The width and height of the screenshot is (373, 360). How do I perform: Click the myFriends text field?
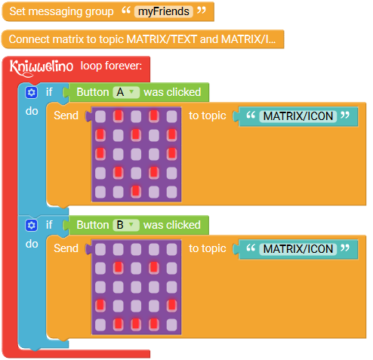point(164,11)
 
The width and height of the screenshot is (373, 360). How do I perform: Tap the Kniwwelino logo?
point(42,67)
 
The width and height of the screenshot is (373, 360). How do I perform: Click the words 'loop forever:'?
point(111,66)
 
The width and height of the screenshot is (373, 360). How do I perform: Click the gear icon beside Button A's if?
point(32,92)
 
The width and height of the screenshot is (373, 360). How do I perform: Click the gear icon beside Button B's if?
point(32,225)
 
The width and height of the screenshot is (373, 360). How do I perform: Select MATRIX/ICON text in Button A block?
point(298,116)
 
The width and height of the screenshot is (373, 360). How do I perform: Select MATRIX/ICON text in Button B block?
point(298,249)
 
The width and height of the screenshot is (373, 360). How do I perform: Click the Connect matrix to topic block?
point(143,39)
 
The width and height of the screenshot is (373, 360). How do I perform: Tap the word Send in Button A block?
point(66,115)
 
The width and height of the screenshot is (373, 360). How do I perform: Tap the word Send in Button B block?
point(66,248)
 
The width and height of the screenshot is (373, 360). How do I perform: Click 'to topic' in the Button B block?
point(208,248)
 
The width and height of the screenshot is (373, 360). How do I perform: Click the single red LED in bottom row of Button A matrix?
point(136,191)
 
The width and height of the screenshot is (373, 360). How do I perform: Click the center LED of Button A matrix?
point(136,154)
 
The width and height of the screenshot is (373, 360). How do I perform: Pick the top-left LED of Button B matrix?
point(100,249)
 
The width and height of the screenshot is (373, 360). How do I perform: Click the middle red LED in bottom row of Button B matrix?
point(136,325)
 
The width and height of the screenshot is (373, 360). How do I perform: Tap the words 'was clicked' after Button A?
point(172,92)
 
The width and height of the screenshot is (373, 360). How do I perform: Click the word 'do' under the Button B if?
point(32,244)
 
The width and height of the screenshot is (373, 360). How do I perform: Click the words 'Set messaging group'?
point(61,11)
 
